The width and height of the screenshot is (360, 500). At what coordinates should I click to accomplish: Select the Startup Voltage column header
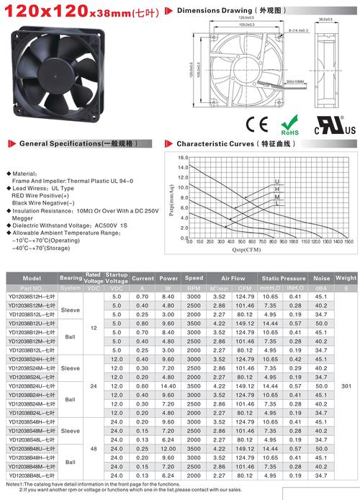[117, 277]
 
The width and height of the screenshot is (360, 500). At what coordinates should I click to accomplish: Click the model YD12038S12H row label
[30, 296]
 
